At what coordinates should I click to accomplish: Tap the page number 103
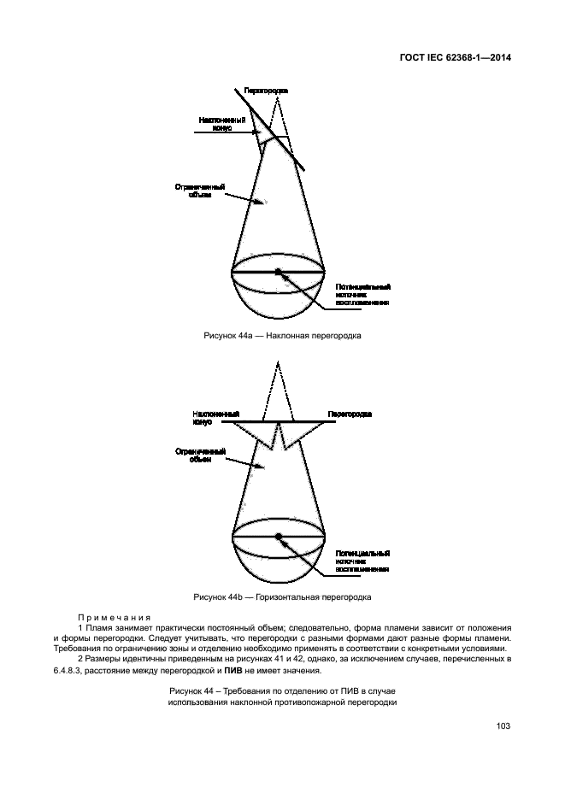pos(503,726)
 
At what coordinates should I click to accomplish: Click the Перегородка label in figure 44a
pos(266,90)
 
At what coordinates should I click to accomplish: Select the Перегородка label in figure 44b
pos(350,414)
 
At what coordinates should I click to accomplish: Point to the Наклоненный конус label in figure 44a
pos(221,124)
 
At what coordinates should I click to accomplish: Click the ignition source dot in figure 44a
pos(278,273)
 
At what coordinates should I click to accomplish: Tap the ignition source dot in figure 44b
pos(278,536)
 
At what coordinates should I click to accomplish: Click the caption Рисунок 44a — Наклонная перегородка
pos(282,336)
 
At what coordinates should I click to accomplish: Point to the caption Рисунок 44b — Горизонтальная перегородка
pos(282,596)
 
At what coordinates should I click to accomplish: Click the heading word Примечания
pos(114,617)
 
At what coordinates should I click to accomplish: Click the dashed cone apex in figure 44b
pos(277,362)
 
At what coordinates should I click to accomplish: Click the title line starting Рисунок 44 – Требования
pos(282,690)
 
